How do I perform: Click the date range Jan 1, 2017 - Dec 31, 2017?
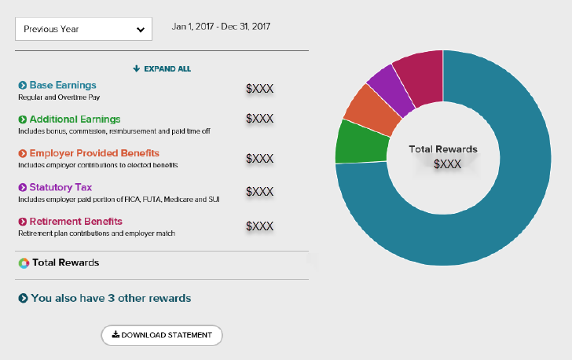[x=221, y=27]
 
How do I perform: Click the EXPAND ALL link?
[x=162, y=69]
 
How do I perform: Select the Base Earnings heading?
[x=62, y=85]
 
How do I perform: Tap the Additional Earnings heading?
[x=75, y=119]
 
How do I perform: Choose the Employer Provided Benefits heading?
[x=93, y=153]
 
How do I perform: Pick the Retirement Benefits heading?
[x=75, y=222]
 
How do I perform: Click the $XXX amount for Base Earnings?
[x=259, y=89]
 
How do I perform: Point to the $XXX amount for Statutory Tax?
[x=259, y=192]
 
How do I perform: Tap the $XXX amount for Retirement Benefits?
[x=259, y=226]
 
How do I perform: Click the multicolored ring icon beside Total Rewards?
[x=24, y=263]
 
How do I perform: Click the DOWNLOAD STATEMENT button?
[x=162, y=335]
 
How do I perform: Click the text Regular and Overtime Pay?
[x=59, y=97]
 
